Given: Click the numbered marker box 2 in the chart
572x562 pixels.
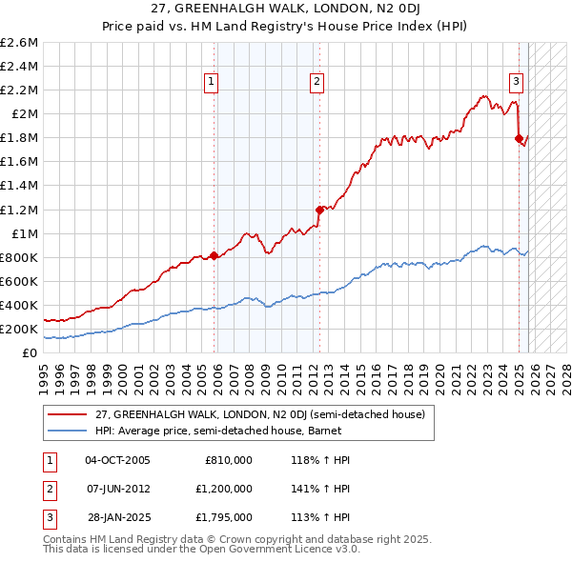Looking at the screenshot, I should [x=316, y=82].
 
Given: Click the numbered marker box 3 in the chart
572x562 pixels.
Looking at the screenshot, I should [x=515, y=82].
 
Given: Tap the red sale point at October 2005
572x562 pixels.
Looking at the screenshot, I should [x=214, y=255].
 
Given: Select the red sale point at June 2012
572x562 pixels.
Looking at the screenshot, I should [x=319, y=209].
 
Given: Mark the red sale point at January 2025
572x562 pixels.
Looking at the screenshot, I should [x=519, y=138].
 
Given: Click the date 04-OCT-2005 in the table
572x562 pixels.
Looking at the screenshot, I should [x=117, y=460].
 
